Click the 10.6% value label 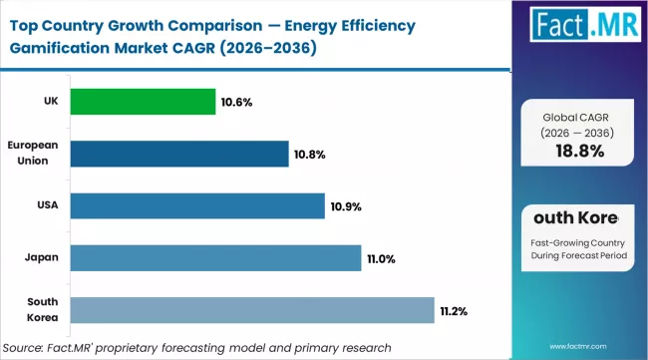click(237, 102)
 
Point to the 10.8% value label click(309, 155)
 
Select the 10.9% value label click(345, 206)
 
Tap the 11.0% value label click(381, 258)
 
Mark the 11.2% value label click(455, 310)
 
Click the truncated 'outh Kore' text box click(577, 217)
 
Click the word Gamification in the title click(62, 49)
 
